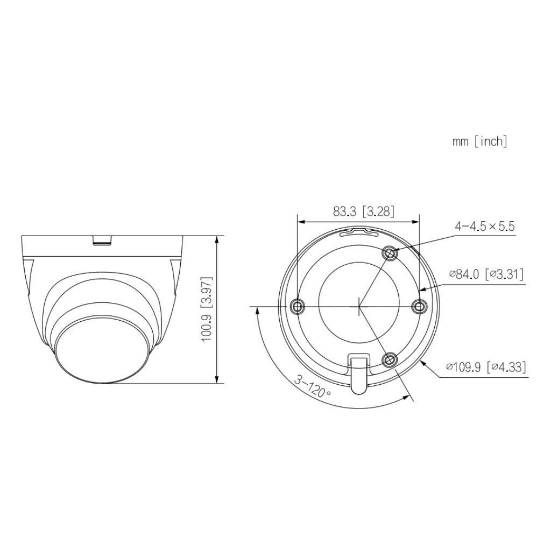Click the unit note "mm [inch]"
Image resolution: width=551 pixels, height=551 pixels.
pyautogui.click(x=479, y=142)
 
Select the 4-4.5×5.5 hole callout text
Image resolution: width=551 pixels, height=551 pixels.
pyautogui.click(x=484, y=227)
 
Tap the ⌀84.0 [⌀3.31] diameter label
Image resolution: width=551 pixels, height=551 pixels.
pyautogui.click(x=487, y=275)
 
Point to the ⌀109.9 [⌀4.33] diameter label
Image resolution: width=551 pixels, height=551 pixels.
pyautogui.click(x=486, y=368)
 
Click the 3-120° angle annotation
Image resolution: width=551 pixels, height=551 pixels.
pyautogui.click(x=313, y=386)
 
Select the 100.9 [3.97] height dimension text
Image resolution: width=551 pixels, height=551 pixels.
pyautogui.click(x=207, y=309)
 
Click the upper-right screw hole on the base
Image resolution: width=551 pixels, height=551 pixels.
pyautogui.click(x=390, y=252)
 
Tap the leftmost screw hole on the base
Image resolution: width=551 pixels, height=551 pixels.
pyautogui.click(x=296, y=306)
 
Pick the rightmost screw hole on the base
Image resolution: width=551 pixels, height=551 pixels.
pyautogui.click(x=419, y=306)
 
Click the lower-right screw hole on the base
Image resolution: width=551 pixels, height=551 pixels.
pyautogui.click(x=390, y=359)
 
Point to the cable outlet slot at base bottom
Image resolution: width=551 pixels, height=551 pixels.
pyautogui.click(x=358, y=371)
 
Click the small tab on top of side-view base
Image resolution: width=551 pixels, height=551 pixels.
pyautogui.click(x=102, y=239)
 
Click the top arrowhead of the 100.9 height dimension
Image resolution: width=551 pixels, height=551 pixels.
pyautogui.click(x=216, y=239)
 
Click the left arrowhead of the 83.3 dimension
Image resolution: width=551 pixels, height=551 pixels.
pyautogui.click(x=301, y=221)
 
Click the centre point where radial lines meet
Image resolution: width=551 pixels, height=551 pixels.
pyautogui.click(x=358, y=307)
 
